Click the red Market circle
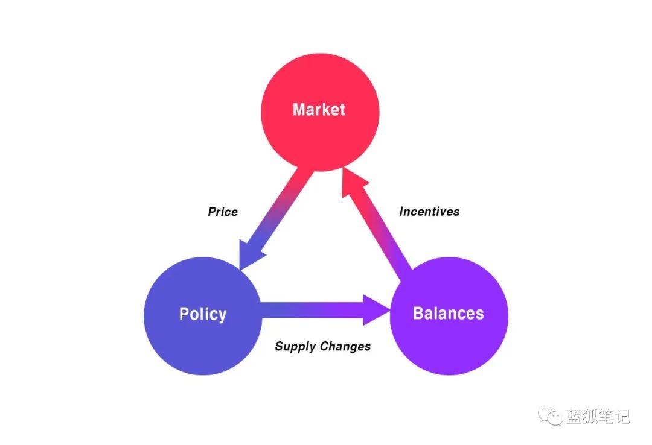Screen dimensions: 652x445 [x=320, y=112]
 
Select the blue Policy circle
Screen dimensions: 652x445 [x=203, y=316]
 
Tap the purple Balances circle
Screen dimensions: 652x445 [x=449, y=316]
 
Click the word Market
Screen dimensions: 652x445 [x=319, y=109]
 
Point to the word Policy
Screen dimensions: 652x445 [x=203, y=314]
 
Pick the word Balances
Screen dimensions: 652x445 [x=448, y=313]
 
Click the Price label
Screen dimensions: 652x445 [x=223, y=212]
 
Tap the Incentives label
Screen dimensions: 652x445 [x=430, y=212]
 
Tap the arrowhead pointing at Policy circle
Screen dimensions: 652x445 [x=249, y=253]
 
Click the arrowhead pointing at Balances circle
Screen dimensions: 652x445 [x=376, y=310]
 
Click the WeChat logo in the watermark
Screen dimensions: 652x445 [x=551, y=416]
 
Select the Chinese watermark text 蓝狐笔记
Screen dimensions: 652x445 [x=598, y=416]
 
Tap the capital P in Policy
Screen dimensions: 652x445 [x=184, y=314]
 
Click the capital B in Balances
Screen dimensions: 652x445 [x=418, y=313]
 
